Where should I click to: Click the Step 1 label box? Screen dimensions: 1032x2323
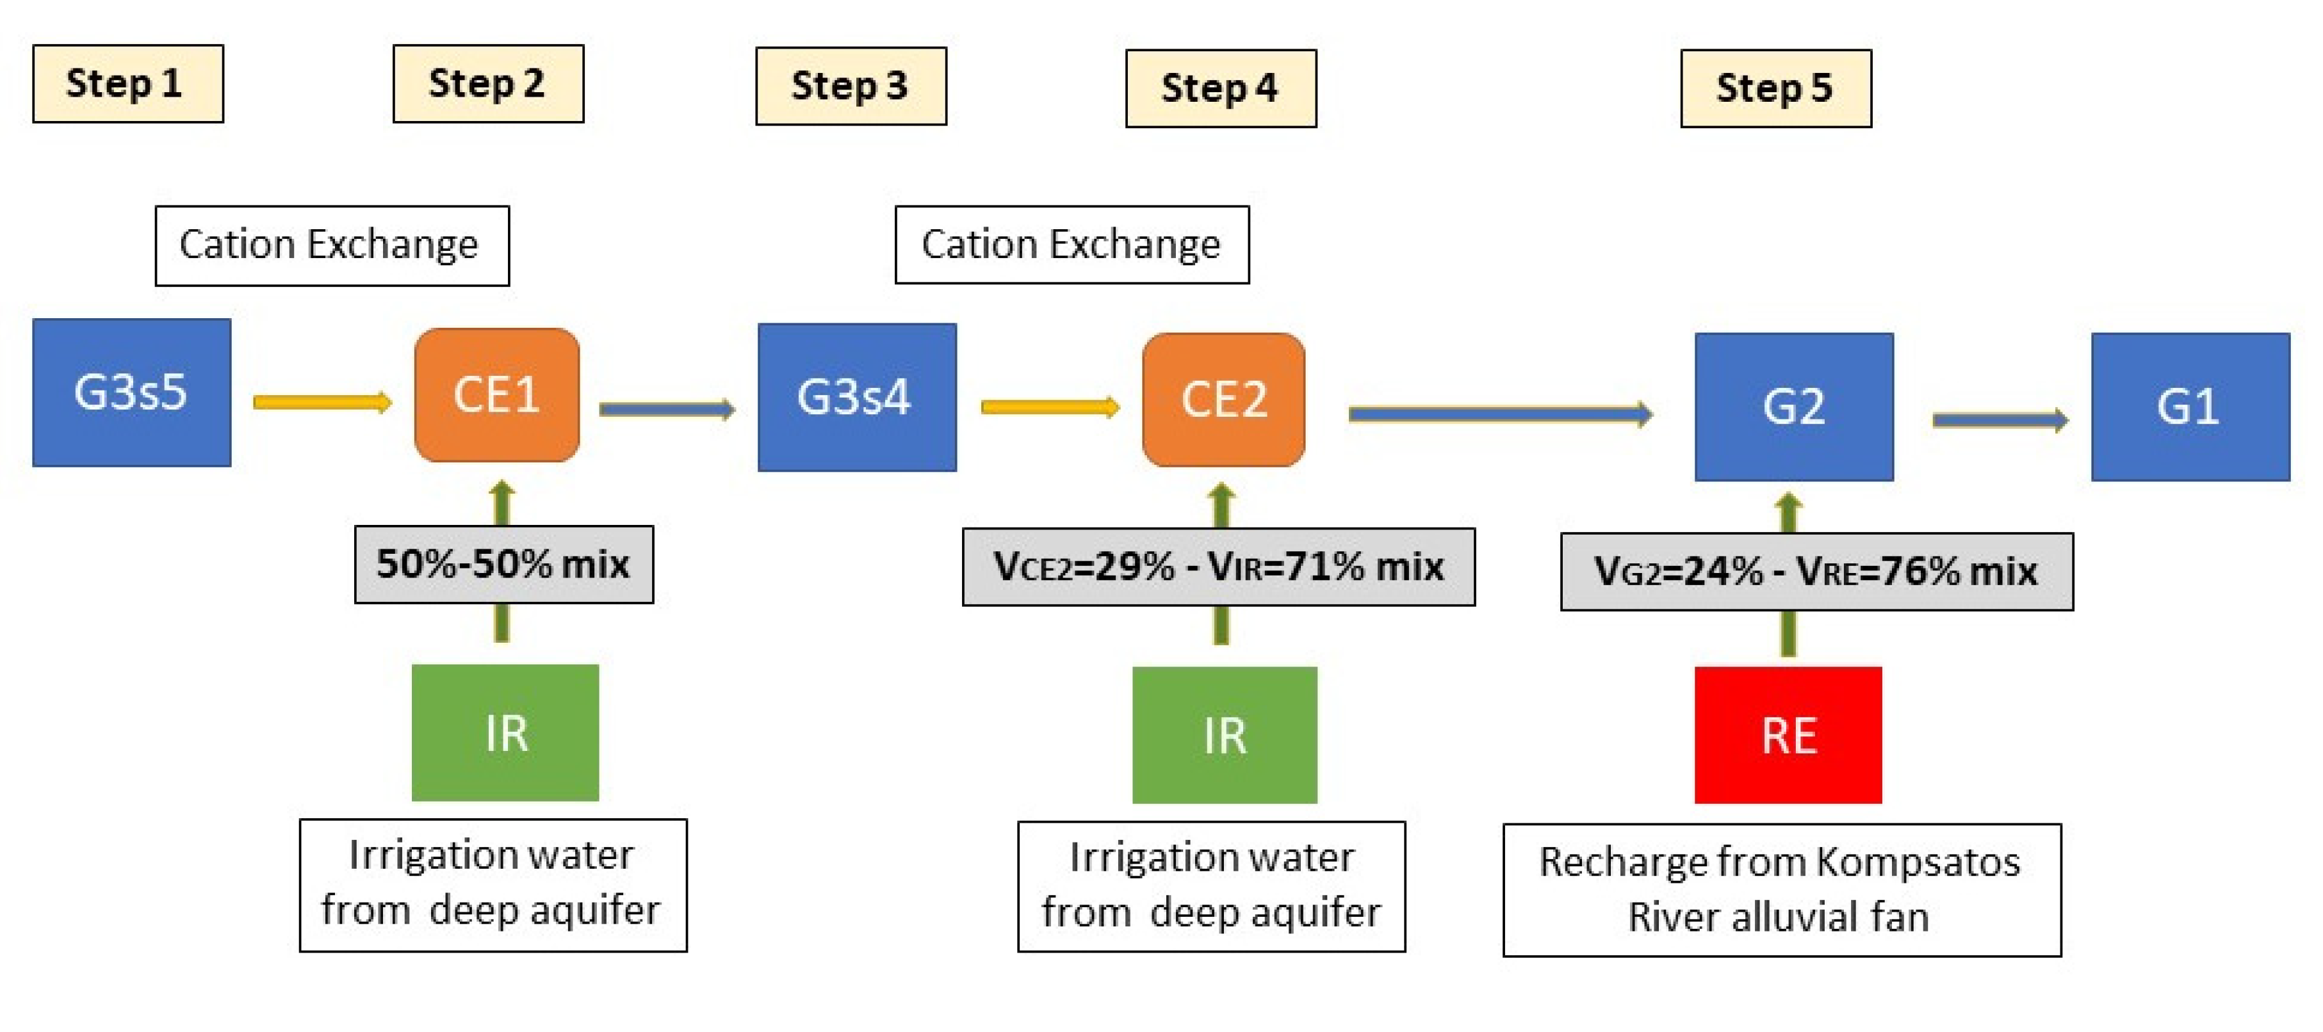coord(127,83)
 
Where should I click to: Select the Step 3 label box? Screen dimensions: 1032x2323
coord(851,86)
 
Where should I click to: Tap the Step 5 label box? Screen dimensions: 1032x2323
coord(1775,88)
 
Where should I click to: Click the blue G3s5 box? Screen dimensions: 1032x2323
coord(132,392)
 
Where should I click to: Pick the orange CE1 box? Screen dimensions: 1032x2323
coord(496,395)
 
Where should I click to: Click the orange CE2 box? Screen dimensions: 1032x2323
coord(1223,399)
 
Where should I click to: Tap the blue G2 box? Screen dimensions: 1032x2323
coord(1793,407)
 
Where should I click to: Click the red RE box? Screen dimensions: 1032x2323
coord(1788,734)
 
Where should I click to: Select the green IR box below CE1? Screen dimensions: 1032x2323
coord(505,732)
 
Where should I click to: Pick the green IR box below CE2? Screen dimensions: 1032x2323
coord(1224,734)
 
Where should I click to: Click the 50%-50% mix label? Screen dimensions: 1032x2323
coord(503,564)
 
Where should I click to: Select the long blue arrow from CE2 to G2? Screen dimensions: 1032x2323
coord(1499,414)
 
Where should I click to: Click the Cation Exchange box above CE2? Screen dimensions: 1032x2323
coord(1072,245)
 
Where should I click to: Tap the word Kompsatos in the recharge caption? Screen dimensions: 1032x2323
coord(1917,862)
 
